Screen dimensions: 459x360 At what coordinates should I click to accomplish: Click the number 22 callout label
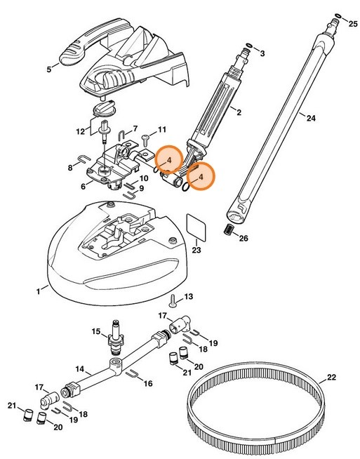tap(331, 377)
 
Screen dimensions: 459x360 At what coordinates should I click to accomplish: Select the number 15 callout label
tap(96, 331)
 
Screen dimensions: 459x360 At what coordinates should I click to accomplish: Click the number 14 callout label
tap(80, 368)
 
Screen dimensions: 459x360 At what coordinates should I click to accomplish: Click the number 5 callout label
tap(48, 69)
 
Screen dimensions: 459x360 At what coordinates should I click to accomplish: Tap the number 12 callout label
tap(80, 131)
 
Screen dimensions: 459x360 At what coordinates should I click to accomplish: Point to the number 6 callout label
tap(84, 186)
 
